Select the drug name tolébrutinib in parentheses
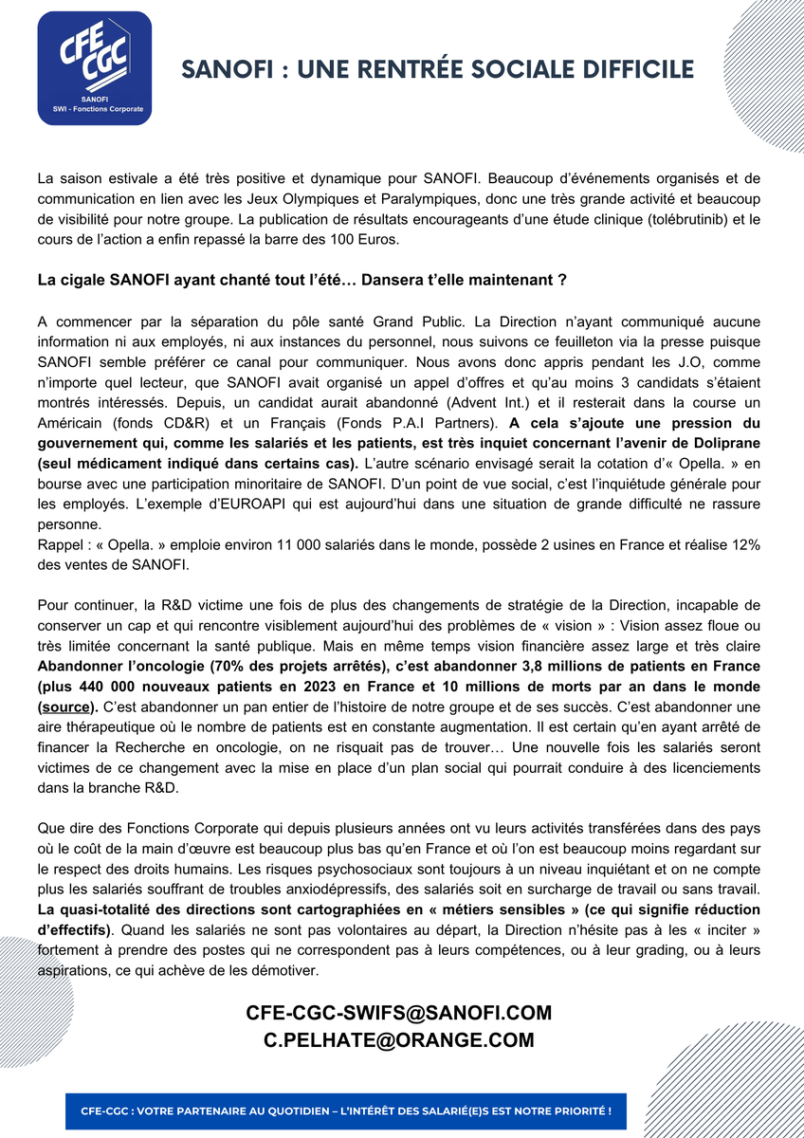(x=692, y=219)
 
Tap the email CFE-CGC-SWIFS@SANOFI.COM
(x=399, y=1013)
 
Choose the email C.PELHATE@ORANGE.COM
(x=399, y=1040)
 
